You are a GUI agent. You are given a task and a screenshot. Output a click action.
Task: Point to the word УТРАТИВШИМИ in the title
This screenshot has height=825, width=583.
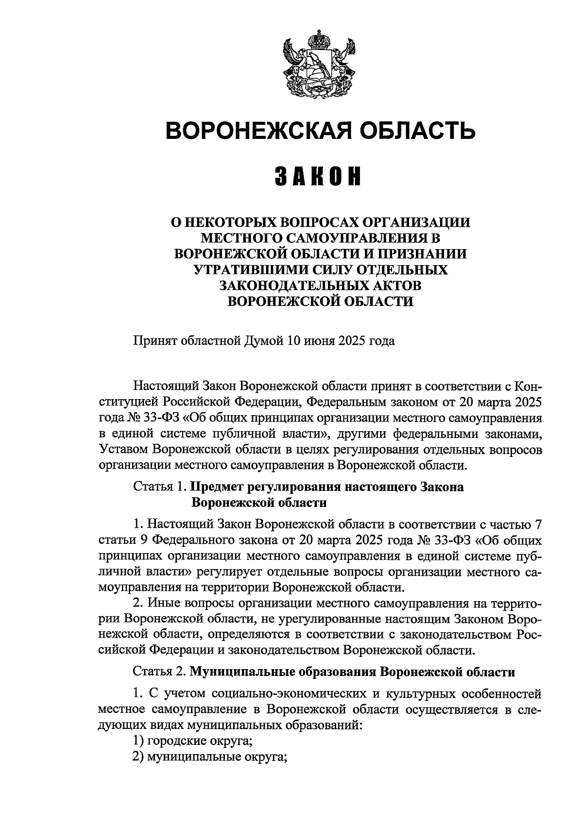point(241,269)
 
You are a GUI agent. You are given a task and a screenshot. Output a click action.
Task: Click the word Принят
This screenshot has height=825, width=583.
point(156,341)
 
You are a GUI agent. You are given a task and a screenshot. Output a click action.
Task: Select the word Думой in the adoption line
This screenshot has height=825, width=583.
point(264,341)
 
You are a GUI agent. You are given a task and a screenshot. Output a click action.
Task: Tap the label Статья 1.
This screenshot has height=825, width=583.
point(159,487)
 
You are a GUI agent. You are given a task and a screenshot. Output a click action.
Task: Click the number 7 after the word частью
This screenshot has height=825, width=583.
point(536,524)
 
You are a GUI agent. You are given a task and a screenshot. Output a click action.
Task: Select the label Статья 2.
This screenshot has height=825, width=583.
point(159,673)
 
